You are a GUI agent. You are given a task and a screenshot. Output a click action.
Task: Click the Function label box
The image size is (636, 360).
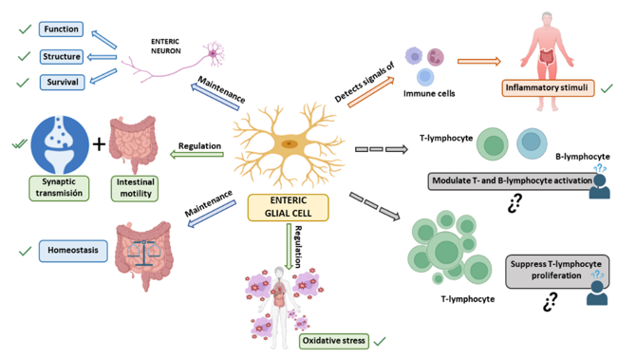click(x=60, y=29)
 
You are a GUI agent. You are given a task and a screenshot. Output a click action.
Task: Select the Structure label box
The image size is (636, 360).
click(x=62, y=56)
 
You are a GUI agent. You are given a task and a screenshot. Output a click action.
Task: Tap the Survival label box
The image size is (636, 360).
click(x=60, y=83)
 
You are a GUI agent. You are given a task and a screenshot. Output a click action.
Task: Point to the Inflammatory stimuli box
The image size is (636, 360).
click(x=549, y=89)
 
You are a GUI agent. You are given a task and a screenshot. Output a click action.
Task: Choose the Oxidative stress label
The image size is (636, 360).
click(x=332, y=340)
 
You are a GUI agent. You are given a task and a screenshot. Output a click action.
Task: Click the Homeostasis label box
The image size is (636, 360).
click(x=72, y=252)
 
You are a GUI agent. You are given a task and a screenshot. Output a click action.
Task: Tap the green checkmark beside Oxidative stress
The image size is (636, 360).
click(x=381, y=340)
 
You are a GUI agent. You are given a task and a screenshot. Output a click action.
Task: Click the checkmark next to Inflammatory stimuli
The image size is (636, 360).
click(x=608, y=88)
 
